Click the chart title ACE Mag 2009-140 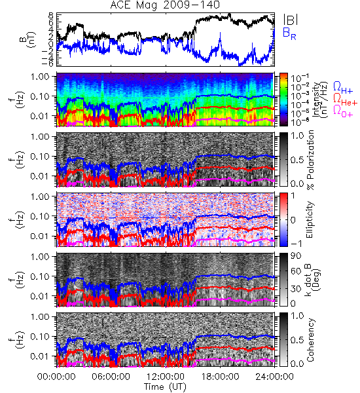[165, 5]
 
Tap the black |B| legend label [290, 20]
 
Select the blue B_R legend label [289, 33]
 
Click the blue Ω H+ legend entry [343, 88]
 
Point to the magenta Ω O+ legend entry [343, 111]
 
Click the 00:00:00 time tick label [56, 377]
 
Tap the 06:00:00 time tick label [111, 377]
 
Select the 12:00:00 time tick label [166, 377]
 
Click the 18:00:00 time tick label [220, 377]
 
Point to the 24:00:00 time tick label [274, 377]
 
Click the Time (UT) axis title [165, 386]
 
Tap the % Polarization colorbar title [310, 160]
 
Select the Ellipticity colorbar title [310, 219]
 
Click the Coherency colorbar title [310, 340]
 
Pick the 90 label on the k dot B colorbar [296, 256]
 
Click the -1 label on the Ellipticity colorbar [296, 244]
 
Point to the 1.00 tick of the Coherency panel [40, 317]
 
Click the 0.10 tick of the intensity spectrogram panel [40, 96]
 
